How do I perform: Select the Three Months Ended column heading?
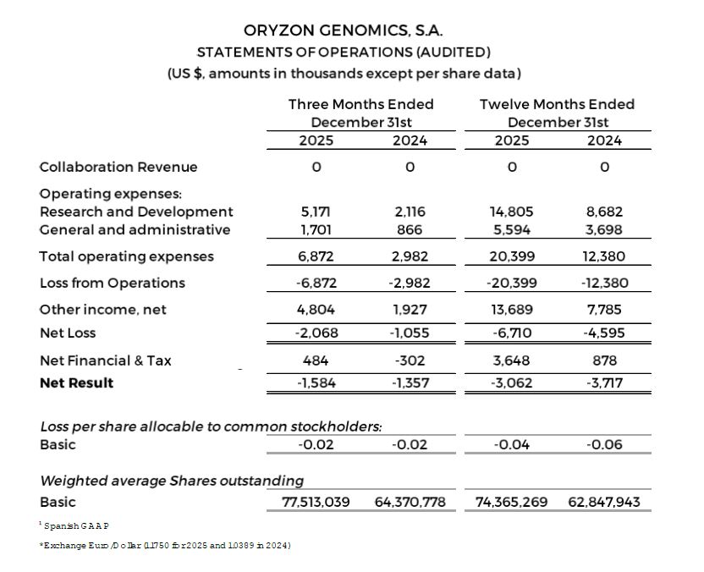(x=360, y=104)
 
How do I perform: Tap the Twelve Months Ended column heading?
(x=557, y=104)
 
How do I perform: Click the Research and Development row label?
(x=136, y=212)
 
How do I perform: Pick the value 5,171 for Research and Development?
(x=316, y=212)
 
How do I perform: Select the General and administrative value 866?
(x=410, y=229)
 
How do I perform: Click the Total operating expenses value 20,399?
(x=511, y=256)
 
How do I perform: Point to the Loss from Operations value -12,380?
(x=604, y=283)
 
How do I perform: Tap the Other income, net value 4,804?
(x=316, y=310)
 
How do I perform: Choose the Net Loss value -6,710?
(x=511, y=333)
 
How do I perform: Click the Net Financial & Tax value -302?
(x=410, y=360)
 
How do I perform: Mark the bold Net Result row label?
(x=76, y=382)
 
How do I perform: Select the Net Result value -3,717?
(x=604, y=382)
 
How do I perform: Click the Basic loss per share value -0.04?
(x=511, y=444)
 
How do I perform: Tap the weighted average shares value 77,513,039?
(x=316, y=502)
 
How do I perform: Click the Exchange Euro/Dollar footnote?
(x=165, y=546)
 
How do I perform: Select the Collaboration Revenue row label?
(x=118, y=167)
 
